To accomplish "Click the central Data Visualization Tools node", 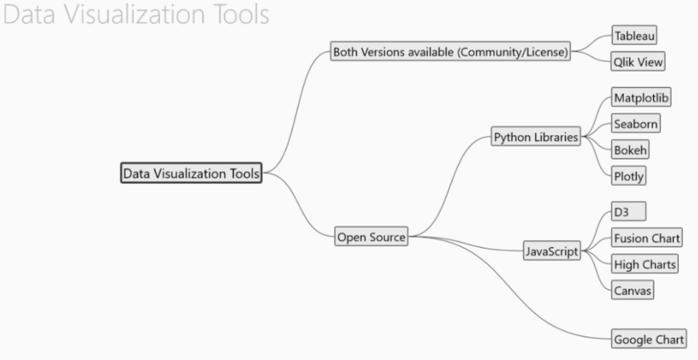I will [192, 173].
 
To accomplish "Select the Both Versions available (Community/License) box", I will [451, 52].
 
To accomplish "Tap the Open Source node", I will [371, 237].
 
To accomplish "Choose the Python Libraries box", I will [536, 137].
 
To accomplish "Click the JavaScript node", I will [552, 252].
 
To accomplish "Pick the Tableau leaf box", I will [635, 35].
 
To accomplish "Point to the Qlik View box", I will [637, 62].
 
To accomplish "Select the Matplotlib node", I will [641, 97].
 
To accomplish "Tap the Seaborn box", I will [635, 123].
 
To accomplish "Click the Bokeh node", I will [630, 150].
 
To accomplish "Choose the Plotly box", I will [628, 176].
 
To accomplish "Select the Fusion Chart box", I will [646, 238].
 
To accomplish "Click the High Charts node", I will [644, 264].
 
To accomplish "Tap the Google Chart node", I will [648, 339].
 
